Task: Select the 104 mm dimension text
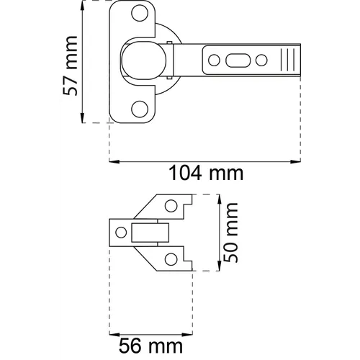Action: tap(205, 173)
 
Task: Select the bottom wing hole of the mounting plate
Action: tap(171, 258)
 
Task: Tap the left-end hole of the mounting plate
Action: tap(120, 233)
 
